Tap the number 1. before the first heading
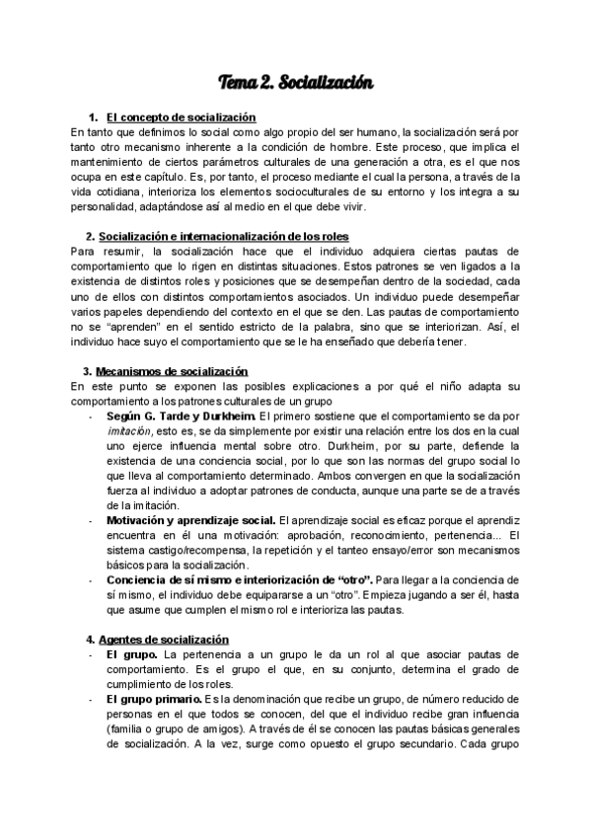click(x=94, y=117)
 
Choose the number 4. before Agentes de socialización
click(x=90, y=639)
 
